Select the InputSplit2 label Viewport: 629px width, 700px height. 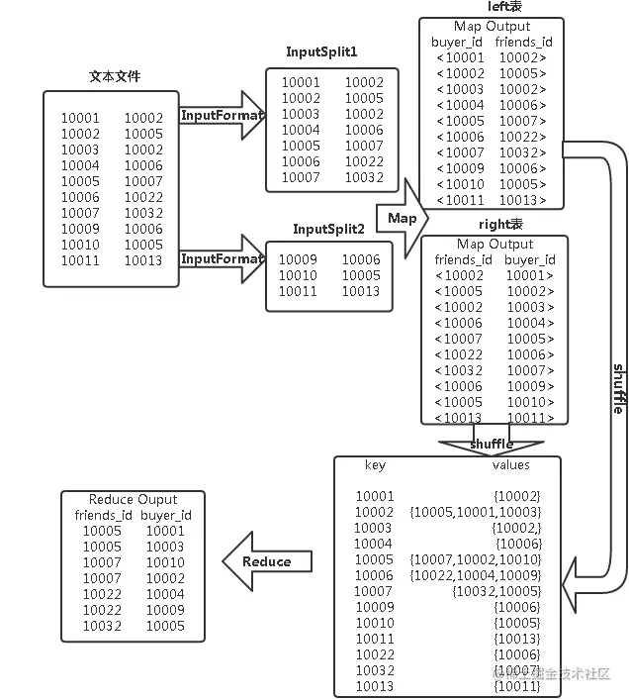point(328,229)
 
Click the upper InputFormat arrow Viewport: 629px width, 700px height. point(222,116)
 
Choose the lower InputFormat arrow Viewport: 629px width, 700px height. point(222,259)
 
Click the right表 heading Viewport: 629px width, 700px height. point(499,224)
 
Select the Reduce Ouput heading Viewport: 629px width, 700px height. point(134,499)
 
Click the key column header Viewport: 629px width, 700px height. point(376,465)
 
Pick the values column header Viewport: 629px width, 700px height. point(510,465)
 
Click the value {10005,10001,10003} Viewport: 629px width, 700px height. point(475,512)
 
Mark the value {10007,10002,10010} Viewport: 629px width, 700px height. point(475,559)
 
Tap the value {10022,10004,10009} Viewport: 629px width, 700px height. point(475,575)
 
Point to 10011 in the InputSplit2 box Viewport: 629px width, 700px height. point(298,291)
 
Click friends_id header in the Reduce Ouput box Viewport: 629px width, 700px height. point(104,515)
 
